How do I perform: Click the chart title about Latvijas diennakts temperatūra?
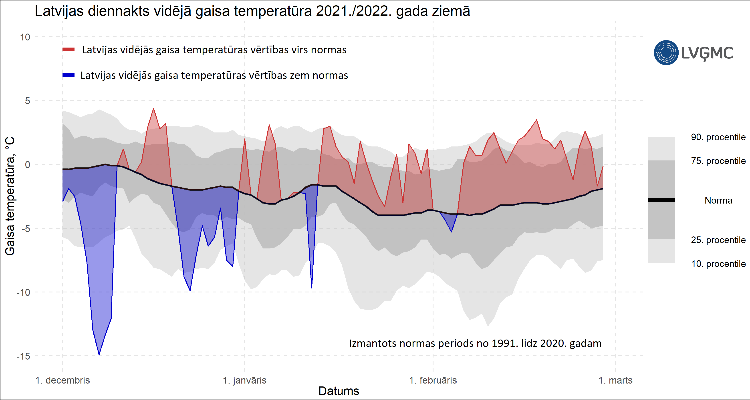click(x=252, y=12)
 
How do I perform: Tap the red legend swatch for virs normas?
click(x=69, y=50)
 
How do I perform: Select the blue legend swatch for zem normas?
click(x=69, y=75)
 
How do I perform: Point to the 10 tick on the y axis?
click(x=25, y=37)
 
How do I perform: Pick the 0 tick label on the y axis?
click(x=27, y=165)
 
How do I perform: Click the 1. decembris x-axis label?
click(x=62, y=380)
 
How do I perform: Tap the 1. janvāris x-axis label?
click(x=245, y=380)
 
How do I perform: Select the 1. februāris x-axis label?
click(x=433, y=380)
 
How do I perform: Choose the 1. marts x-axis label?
click(x=615, y=380)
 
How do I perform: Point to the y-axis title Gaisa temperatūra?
click(x=10, y=196)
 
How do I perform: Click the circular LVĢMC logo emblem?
click(x=666, y=53)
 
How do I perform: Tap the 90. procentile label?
click(x=718, y=137)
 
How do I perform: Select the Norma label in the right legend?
click(x=718, y=200)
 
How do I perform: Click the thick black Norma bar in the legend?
click(x=661, y=200)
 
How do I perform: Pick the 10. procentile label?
click(x=718, y=264)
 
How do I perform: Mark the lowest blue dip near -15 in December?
click(x=99, y=354)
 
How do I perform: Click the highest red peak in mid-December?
click(x=153, y=109)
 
